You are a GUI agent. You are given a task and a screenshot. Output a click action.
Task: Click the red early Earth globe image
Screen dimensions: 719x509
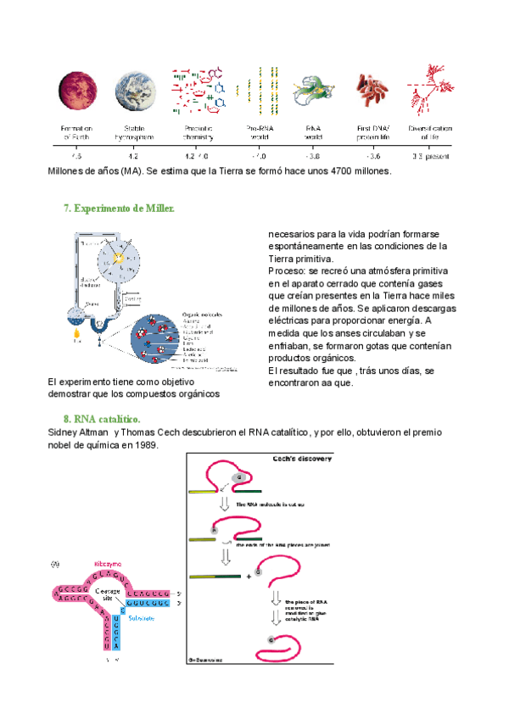click(75, 90)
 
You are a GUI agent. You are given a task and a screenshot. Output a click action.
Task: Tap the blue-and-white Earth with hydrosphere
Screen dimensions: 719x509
click(133, 91)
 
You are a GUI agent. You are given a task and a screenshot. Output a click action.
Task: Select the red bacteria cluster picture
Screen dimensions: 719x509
click(370, 90)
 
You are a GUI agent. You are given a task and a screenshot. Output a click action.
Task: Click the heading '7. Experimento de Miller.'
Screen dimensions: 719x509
click(119, 209)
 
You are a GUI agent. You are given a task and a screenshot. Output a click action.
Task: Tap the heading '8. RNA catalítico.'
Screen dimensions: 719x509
click(102, 419)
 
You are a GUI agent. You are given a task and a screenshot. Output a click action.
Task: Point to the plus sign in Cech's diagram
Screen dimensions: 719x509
click(248, 577)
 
